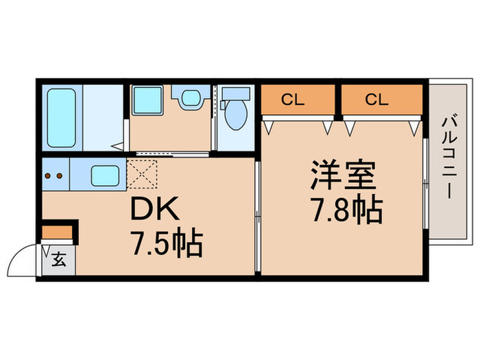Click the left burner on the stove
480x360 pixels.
(x=49, y=175)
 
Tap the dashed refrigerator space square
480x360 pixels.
(x=143, y=173)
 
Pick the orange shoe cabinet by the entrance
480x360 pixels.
(x=57, y=232)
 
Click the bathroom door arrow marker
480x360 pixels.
(x=118, y=145)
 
